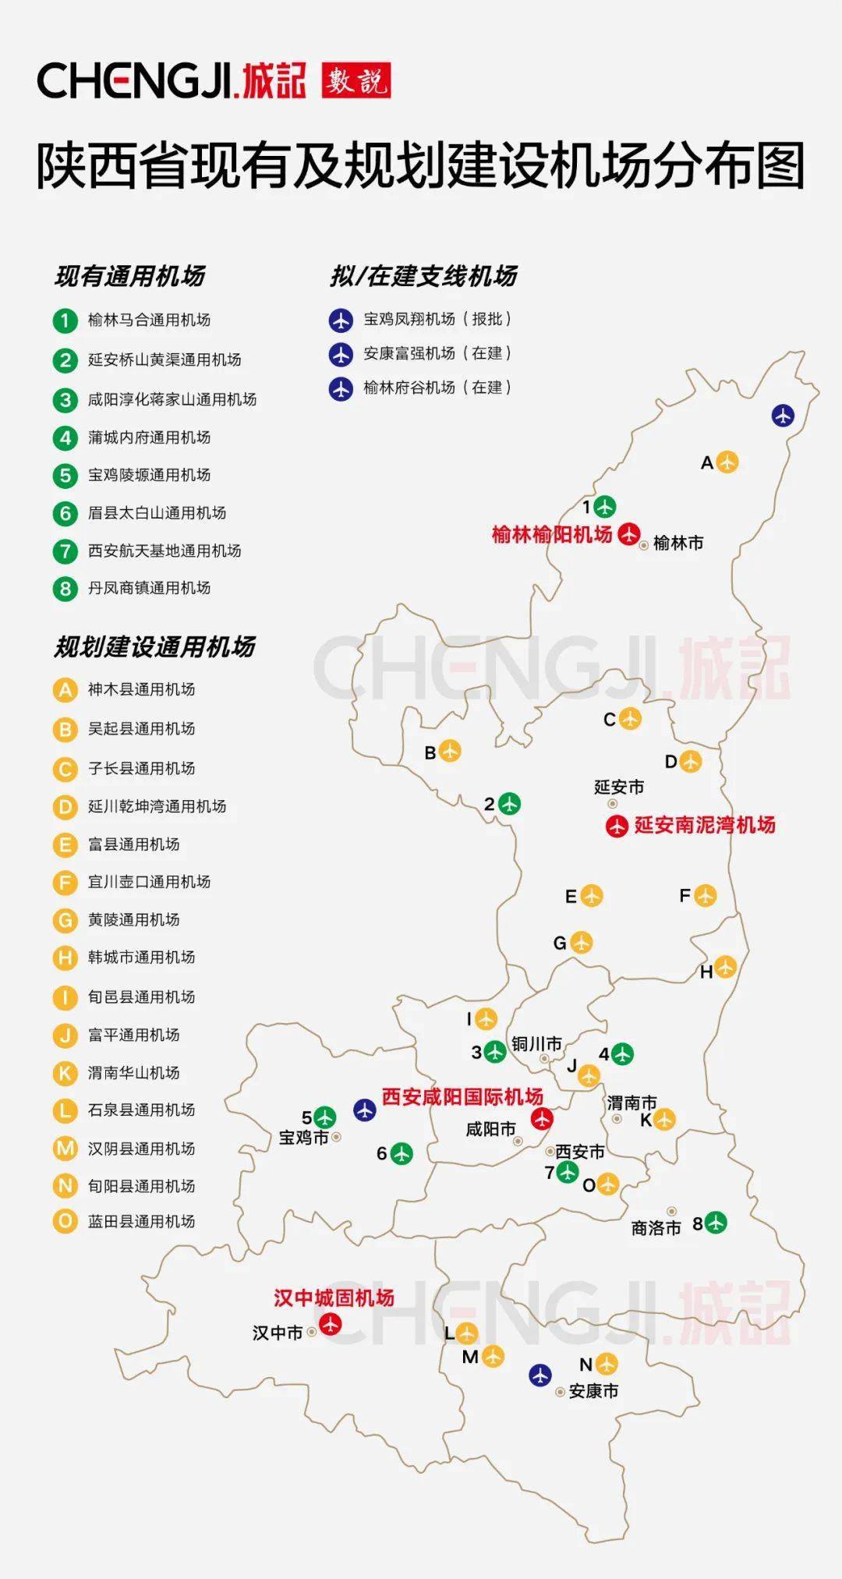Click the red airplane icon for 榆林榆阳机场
coord(628,534)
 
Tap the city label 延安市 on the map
coord(619,787)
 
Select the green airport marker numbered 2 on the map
coord(509,803)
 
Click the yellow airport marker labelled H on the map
coord(725,967)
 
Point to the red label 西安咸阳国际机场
coord(462,1096)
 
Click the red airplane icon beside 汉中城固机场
coord(331,1323)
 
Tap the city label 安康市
coord(593,1390)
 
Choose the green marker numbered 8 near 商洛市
coord(715,1223)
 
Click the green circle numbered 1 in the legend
coord(65,320)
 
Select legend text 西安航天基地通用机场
coord(164,551)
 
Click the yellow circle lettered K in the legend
coord(65,1073)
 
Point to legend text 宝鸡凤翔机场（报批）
coord(437,319)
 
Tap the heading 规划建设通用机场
coord(154,646)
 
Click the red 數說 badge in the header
coord(356,80)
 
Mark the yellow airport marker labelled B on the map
coord(450,751)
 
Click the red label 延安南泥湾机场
coord(705,824)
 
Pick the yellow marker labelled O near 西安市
coord(608,1184)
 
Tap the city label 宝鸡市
coord(304,1138)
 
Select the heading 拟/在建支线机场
coord(423,276)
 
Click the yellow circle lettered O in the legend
coord(65,1221)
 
